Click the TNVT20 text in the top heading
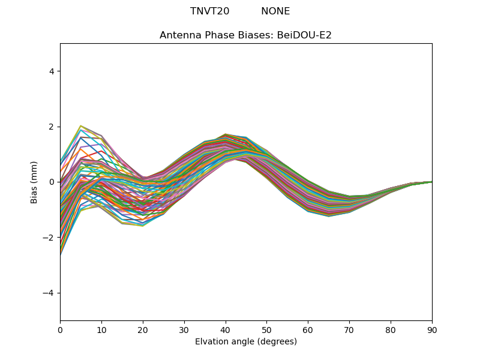click(x=209, y=11)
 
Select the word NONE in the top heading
click(x=275, y=11)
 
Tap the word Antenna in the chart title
click(x=179, y=35)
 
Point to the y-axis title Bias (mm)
click(x=34, y=182)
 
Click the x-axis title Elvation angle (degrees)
click(x=246, y=342)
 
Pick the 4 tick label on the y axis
click(x=51, y=71)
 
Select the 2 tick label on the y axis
click(x=51, y=127)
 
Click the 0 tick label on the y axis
click(x=51, y=182)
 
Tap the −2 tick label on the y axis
click(x=49, y=238)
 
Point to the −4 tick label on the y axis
click(x=49, y=293)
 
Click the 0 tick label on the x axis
click(x=60, y=329)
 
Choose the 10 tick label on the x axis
click(x=101, y=329)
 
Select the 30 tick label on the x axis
click(x=184, y=329)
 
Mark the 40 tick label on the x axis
click(x=226, y=329)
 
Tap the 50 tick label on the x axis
click(x=266, y=329)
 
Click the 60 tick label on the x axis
click(x=308, y=329)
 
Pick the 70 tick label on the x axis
click(x=349, y=329)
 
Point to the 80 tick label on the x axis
click(x=391, y=329)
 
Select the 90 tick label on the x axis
click(x=432, y=329)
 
